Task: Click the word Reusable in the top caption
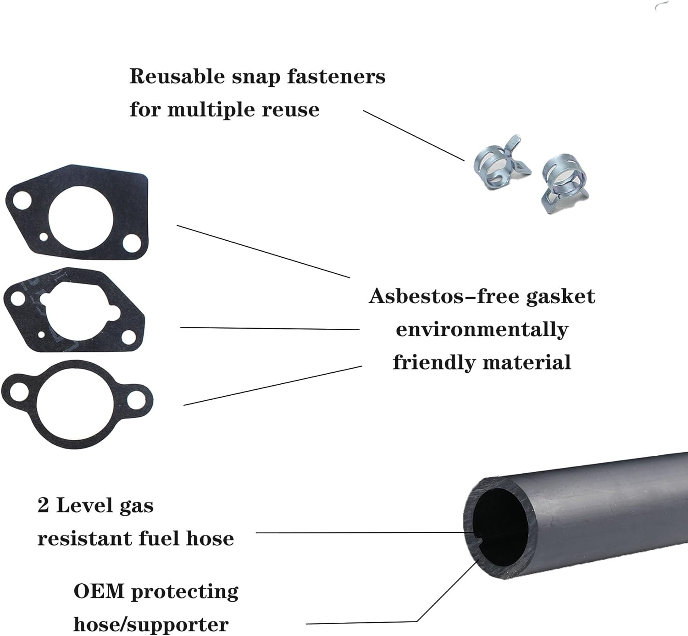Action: click(177, 77)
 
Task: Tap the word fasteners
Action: click(336, 77)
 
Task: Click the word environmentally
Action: click(482, 329)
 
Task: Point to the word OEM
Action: click(99, 592)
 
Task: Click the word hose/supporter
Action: click(151, 625)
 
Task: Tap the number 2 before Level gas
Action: click(43, 506)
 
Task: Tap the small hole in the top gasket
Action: click(44, 237)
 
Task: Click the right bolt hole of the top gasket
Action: click(131, 243)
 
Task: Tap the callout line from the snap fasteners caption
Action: click(413, 135)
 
